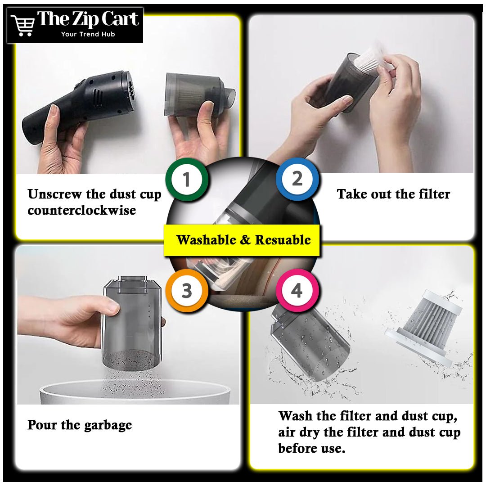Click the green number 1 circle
coord(186,179)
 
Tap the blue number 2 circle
coord(297,179)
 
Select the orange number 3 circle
coord(186,290)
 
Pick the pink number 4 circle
coord(297,290)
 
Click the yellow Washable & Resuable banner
coord(242,240)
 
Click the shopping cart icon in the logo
coord(22,25)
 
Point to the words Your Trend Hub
coord(88,34)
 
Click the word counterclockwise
coord(81,211)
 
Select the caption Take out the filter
coord(393,194)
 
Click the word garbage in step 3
coord(108,425)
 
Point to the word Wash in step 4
coord(294,416)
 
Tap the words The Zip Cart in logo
coord(88,19)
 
